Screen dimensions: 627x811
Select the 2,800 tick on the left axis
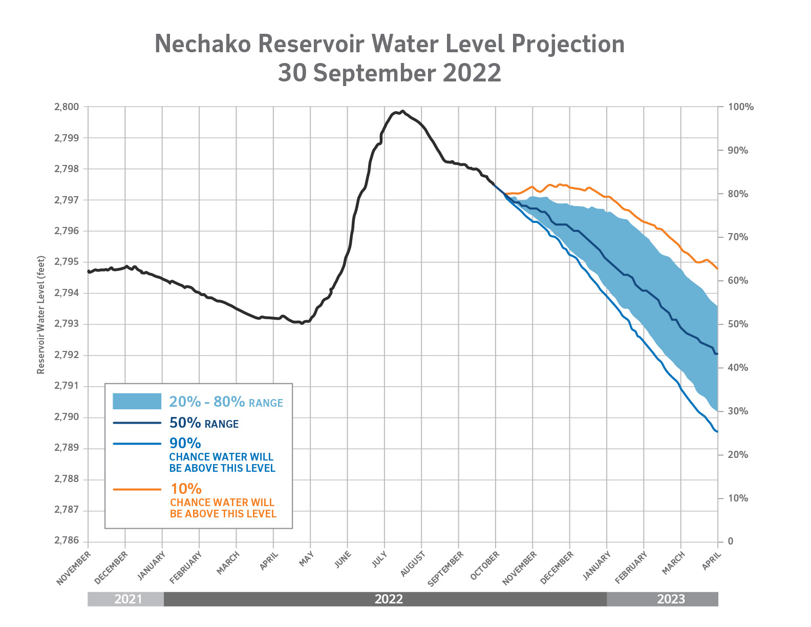[x=67, y=107]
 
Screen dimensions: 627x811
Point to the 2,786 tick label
[x=67, y=541]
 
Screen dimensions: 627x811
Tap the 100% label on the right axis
[x=740, y=107]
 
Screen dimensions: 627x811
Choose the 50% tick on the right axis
[x=738, y=324]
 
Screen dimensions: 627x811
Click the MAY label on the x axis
[x=306, y=559]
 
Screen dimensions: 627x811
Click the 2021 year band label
[x=128, y=599]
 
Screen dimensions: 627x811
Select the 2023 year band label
[x=671, y=599]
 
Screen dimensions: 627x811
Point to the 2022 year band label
[x=389, y=599]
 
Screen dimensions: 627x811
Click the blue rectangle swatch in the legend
[x=137, y=401]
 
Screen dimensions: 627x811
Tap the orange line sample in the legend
[x=137, y=490]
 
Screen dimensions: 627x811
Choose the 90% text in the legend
[x=185, y=443]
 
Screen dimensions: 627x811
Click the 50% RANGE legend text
[x=204, y=423]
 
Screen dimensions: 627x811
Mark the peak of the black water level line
[x=402, y=111]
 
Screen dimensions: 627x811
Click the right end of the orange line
[x=717, y=268]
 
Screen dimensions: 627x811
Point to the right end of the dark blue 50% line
[x=717, y=354]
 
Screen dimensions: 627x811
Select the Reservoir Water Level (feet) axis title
[x=41, y=315]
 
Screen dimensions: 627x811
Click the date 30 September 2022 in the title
[x=389, y=73]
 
